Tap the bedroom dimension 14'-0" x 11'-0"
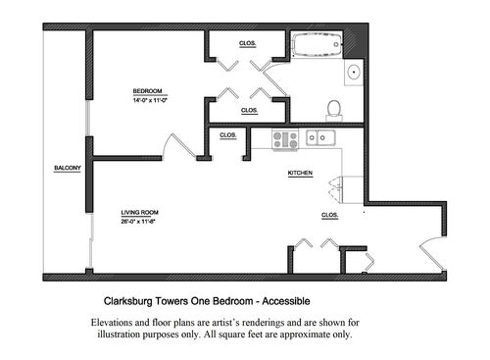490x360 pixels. pos(152,100)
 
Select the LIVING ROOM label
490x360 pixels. pos(140,212)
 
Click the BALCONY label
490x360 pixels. pos(67,168)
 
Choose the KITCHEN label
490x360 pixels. pos(299,173)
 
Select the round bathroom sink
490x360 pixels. pos(353,72)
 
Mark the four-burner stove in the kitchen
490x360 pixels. pos(285,138)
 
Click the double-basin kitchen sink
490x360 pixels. pos(319,138)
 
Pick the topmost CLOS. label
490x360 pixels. pos(248,44)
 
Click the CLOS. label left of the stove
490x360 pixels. pos(227,134)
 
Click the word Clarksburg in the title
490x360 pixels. pos(132,303)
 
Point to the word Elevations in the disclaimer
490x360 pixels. pos(113,322)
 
